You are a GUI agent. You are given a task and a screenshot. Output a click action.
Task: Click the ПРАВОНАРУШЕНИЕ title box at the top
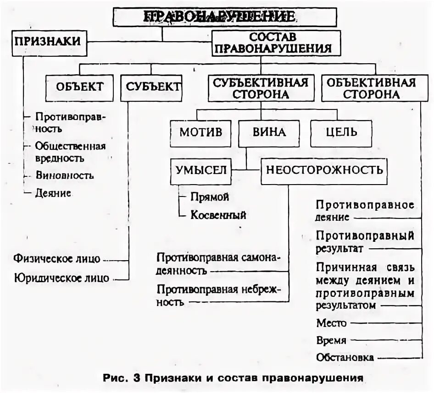[225, 17]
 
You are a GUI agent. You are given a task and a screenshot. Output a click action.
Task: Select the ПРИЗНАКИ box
[47, 41]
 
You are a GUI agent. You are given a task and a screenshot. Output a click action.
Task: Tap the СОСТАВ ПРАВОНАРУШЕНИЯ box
[276, 43]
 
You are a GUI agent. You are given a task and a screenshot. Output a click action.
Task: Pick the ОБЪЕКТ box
[79, 87]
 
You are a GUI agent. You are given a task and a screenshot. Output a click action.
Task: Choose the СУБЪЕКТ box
[151, 87]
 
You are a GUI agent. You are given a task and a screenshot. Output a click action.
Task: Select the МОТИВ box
[201, 133]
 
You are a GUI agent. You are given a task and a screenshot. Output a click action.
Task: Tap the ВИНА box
[269, 133]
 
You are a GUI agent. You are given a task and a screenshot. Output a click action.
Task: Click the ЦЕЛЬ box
[341, 133]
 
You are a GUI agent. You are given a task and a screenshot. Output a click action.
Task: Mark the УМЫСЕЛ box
[201, 170]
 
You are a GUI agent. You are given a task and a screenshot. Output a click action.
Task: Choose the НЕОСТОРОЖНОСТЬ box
[324, 171]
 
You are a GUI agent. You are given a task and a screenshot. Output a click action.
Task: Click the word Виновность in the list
[65, 175]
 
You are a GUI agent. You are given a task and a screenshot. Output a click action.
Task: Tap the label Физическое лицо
[57, 258]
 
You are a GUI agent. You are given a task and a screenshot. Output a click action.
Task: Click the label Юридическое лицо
[61, 278]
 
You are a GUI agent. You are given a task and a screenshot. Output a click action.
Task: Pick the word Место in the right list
[331, 323]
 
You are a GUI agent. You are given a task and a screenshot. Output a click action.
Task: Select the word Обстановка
[345, 357]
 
